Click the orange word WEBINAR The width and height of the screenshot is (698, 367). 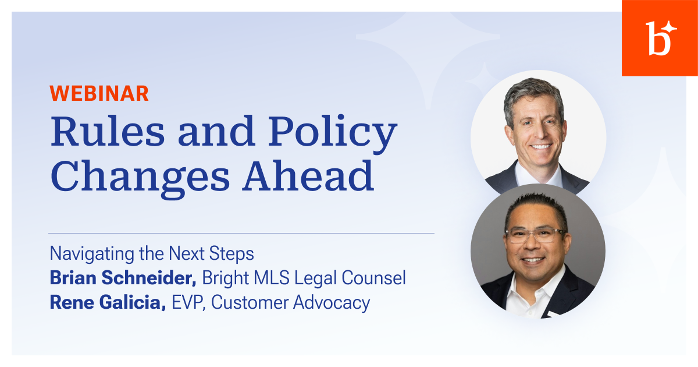pos(99,93)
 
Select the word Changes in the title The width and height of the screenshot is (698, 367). pos(140,177)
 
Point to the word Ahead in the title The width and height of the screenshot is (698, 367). pos(308,175)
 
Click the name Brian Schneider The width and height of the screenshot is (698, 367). pos(123,278)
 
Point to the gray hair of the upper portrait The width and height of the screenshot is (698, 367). pos(533,94)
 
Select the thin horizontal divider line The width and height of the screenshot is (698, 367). pos(241,234)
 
